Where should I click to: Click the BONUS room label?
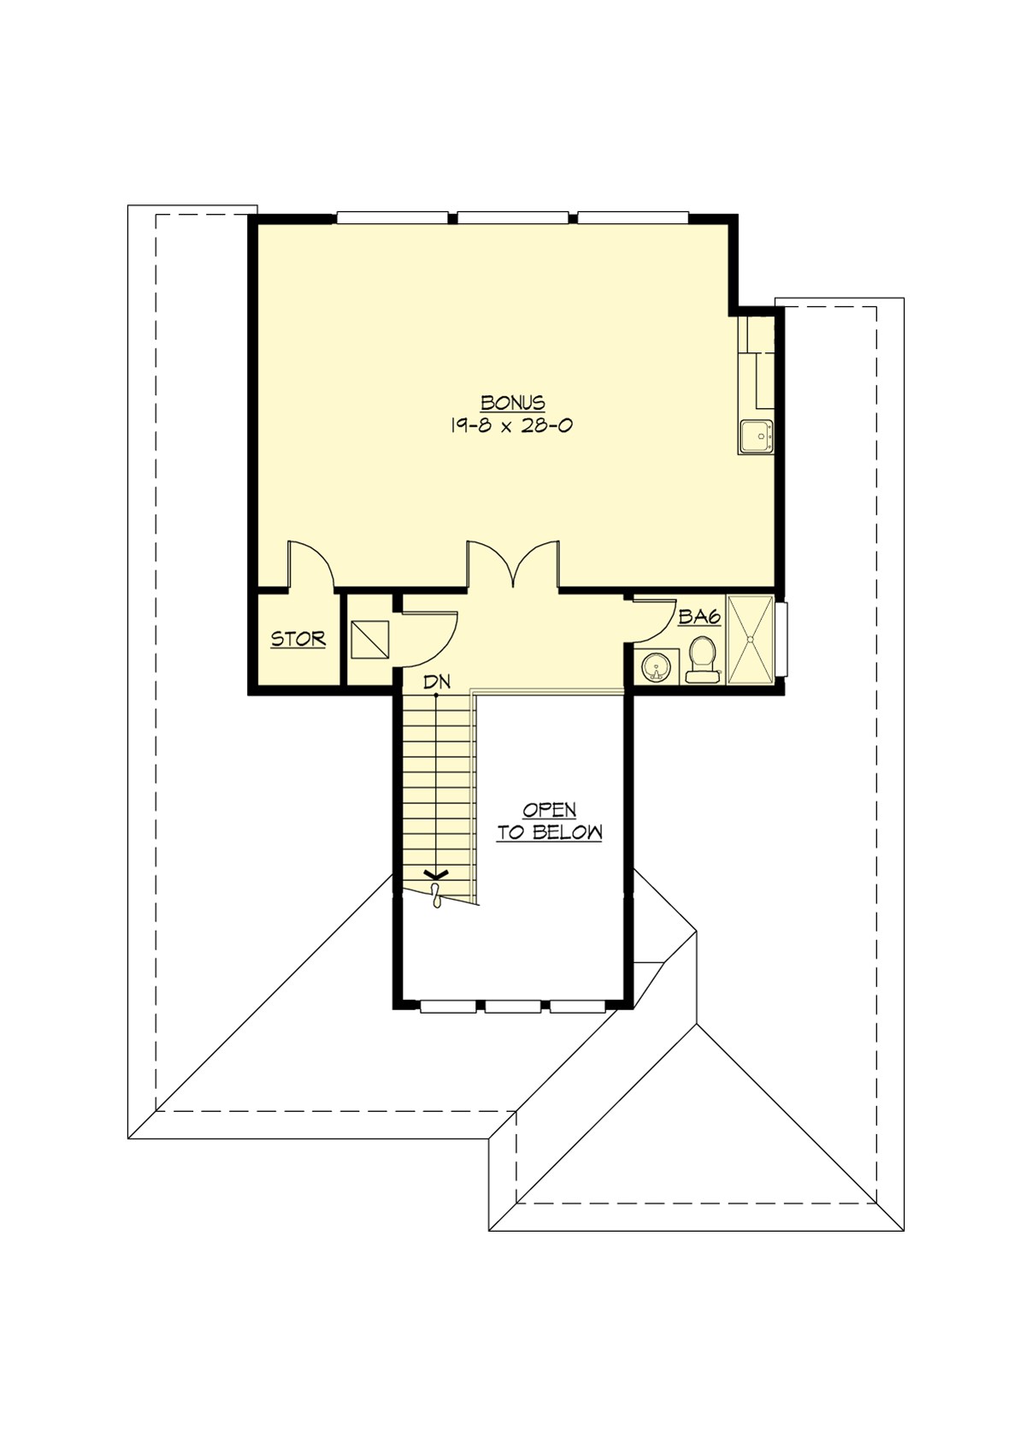pyautogui.click(x=512, y=402)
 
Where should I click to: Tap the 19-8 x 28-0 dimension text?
pyautogui.click(x=510, y=425)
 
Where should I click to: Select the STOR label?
pyautogui.click(x=298, y=639)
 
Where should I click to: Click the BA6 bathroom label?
pyautogui.click(x=699, y=617)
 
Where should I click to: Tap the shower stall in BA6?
pyautogui.click(x=749, y=640)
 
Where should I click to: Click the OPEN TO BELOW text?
pyautogui.click(x=550, y=821)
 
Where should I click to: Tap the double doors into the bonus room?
pyautogui.click(x=512, y=565)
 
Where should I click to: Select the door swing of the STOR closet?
pyautogui.click(x=310, y=565)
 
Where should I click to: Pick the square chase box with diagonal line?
pyautogui.click(x=369, y=640)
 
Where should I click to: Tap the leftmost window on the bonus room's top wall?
pyautogui.click(x=392, y=217)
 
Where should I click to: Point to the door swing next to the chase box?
pyautogui.click(x=430, y=637)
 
